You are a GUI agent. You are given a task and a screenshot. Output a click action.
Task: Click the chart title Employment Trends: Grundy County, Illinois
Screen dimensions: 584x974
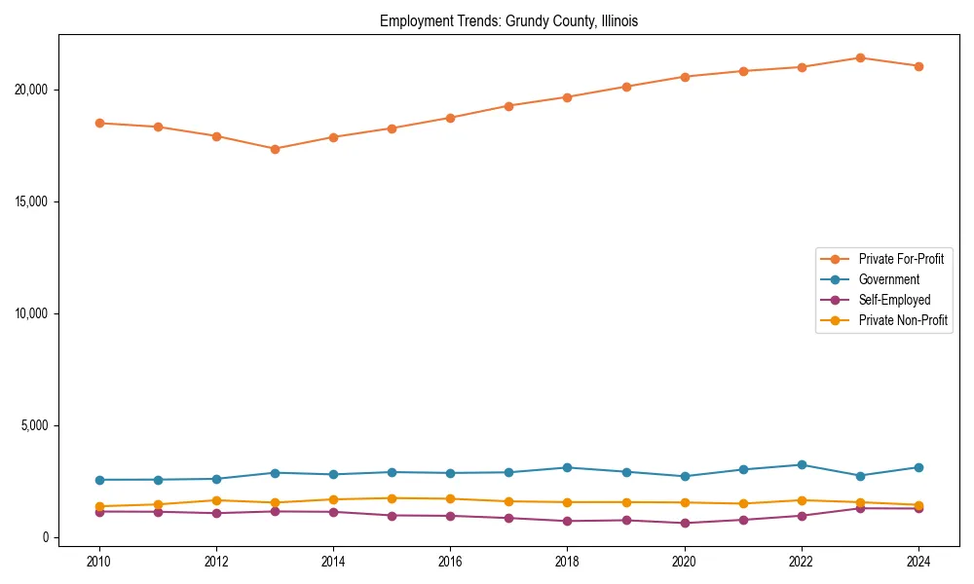tap(508, 20)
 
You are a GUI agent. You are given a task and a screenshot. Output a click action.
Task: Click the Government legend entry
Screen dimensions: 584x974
tap(888, 279)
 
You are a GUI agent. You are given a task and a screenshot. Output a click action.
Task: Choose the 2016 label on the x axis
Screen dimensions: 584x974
tap(450, 561)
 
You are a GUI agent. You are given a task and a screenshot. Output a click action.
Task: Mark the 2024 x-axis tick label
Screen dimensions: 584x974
tap(918, 561)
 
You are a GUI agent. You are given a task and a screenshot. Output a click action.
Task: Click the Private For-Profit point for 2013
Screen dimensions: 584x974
tap(275, 149)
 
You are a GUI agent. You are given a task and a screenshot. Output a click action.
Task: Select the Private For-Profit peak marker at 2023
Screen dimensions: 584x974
tap(860, 57)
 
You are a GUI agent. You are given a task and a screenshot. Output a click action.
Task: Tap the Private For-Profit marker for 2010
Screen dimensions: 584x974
tap(98, 123)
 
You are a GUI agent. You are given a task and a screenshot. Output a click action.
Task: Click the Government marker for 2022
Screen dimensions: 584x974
tap(802, 464)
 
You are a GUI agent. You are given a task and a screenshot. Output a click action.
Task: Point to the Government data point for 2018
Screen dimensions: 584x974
tap(567, 467)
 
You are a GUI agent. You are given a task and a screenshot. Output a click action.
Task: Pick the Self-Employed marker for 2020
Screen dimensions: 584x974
tap(685, 523)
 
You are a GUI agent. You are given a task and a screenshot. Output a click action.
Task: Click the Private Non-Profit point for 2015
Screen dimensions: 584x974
tap(392, 498)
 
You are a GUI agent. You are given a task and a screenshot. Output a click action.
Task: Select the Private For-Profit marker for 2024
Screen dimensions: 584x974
tap(918, 66)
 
